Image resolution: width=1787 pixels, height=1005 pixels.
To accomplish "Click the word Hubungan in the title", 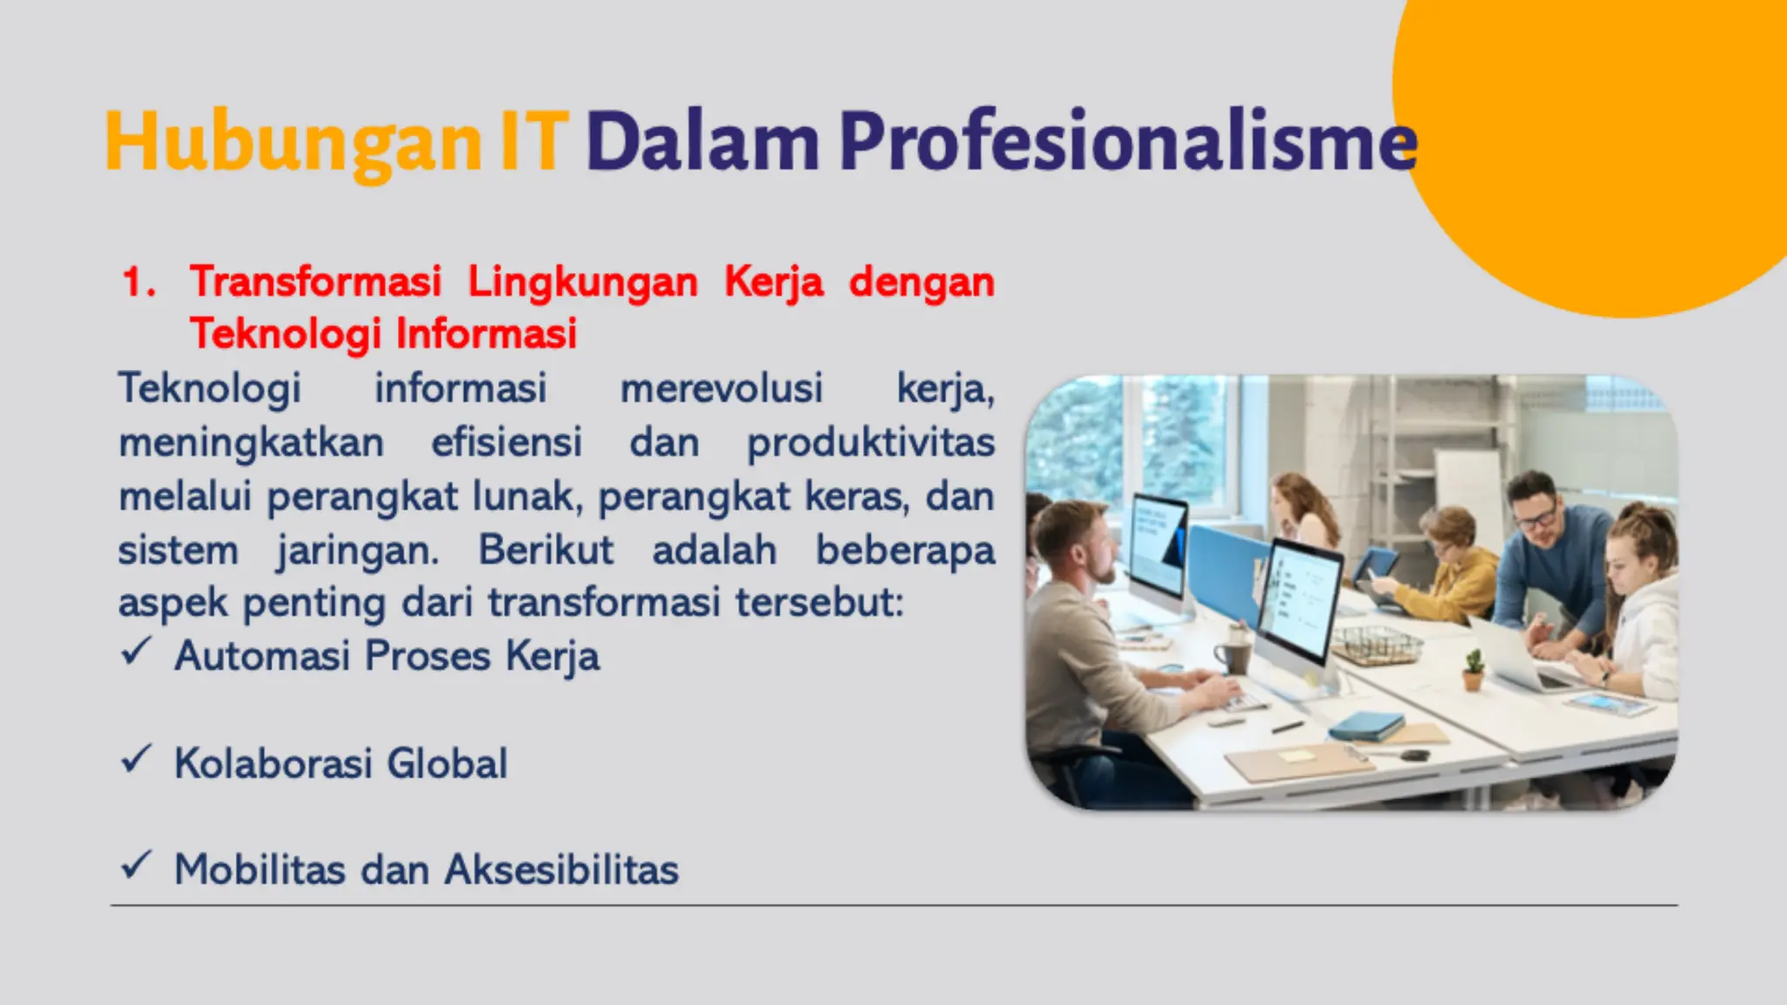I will pos(292,142).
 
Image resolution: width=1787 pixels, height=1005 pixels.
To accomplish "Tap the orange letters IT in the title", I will pos(534,140).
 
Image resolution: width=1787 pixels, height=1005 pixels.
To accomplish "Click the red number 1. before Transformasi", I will pos(139,282).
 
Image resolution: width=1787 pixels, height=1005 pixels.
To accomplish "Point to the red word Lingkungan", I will pos(583,283).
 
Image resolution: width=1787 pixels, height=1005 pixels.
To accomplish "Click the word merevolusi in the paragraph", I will pos(721,388).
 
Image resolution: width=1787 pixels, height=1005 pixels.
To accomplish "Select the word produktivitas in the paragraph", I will pos(871,442).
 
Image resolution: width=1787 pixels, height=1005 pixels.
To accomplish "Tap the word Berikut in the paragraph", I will pos(545,550).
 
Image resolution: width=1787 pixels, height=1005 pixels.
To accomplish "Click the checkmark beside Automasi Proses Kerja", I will pos(136,652).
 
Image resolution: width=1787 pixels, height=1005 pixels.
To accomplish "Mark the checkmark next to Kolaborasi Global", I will pos(136,759).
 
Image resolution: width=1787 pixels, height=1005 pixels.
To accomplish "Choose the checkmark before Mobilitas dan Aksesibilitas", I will pos(136,865).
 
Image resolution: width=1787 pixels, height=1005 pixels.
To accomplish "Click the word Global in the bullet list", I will pos(447,763).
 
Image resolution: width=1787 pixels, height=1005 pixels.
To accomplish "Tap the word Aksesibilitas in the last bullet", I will pos(561,870).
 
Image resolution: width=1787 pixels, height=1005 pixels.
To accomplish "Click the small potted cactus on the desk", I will pos(1473,669).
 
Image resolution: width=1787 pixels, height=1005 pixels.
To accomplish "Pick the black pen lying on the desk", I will pos(1288,727).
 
